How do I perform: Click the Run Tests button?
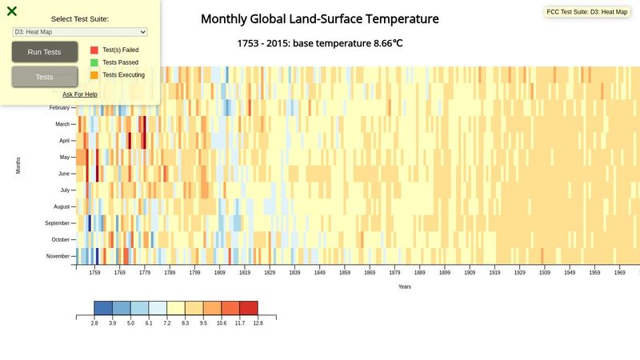coord(45,52)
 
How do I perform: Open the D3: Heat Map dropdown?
coord(80,31)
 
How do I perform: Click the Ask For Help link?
coord(80,94)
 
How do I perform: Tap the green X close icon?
coord(12,11)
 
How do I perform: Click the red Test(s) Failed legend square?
coord(94,50)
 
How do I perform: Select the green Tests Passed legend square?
coord(94,62)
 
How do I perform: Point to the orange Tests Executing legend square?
coord(94,74)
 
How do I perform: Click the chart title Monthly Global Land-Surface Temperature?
coord(319,18)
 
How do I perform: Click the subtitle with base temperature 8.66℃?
coord(319,42)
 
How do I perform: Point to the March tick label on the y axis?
coord(62,124)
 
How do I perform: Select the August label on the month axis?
coord(61,206)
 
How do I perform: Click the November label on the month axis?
coord(58,256)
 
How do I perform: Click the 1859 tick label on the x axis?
coord(344,273)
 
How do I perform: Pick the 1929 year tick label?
coord(519,273)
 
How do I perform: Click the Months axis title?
coord(18,166)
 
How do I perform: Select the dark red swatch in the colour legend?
coord(248,308)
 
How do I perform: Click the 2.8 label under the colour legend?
coord(94,323)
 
